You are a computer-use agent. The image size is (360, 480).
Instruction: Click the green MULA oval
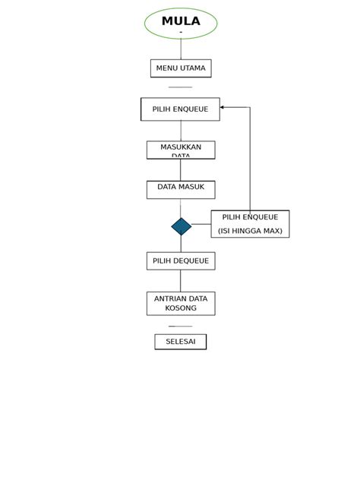pyautogui.click(x=181, y=24)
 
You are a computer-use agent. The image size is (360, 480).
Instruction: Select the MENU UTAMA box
pyautogui.click(x=181, y=68)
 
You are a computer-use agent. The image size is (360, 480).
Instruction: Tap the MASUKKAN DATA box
pyautogui.click(x=181, y=150)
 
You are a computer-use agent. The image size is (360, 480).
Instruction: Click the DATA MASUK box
pyautogui.click(x=181, y=189)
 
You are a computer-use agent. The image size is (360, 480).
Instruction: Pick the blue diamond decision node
pyautogui.click(x=181, y=226)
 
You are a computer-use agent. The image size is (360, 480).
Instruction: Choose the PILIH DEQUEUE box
pyautogui.click(x=181, y=261)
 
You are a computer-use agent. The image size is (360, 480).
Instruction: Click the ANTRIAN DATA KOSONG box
pyautogui.click(x=181, y=304)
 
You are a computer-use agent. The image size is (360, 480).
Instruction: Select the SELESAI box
pyautogui.click(x=181, y=342)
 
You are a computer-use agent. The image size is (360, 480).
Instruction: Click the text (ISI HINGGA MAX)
pyautogui.click(x=250, y=231)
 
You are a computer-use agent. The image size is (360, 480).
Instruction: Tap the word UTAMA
pyautogui.click(x=193, y=68)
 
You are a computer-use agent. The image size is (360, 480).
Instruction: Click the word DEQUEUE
pyautogui.click(x=191, y=261)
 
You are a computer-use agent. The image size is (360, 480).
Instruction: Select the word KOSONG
pyautogui.click(x=181, y=308)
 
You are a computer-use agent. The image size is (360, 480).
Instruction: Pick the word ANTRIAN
pyautogui.click(x=170, y=299)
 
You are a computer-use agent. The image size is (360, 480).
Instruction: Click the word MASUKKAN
pyautogui.click(x=181, y=147)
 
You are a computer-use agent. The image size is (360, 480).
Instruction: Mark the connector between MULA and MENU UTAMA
pyautogui.click(x=181, y=49)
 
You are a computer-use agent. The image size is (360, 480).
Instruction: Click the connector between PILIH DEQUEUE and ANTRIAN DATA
pyautogui.click(x=181, y=281)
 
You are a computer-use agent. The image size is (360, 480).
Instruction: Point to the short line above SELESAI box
pyautogui.click(x=181, y=327)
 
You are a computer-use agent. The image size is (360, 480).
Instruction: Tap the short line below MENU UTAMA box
pyautogui.click(x=181, y=87)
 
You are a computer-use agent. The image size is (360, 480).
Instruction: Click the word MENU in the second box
pyautogui.click(x=166, y=68)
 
